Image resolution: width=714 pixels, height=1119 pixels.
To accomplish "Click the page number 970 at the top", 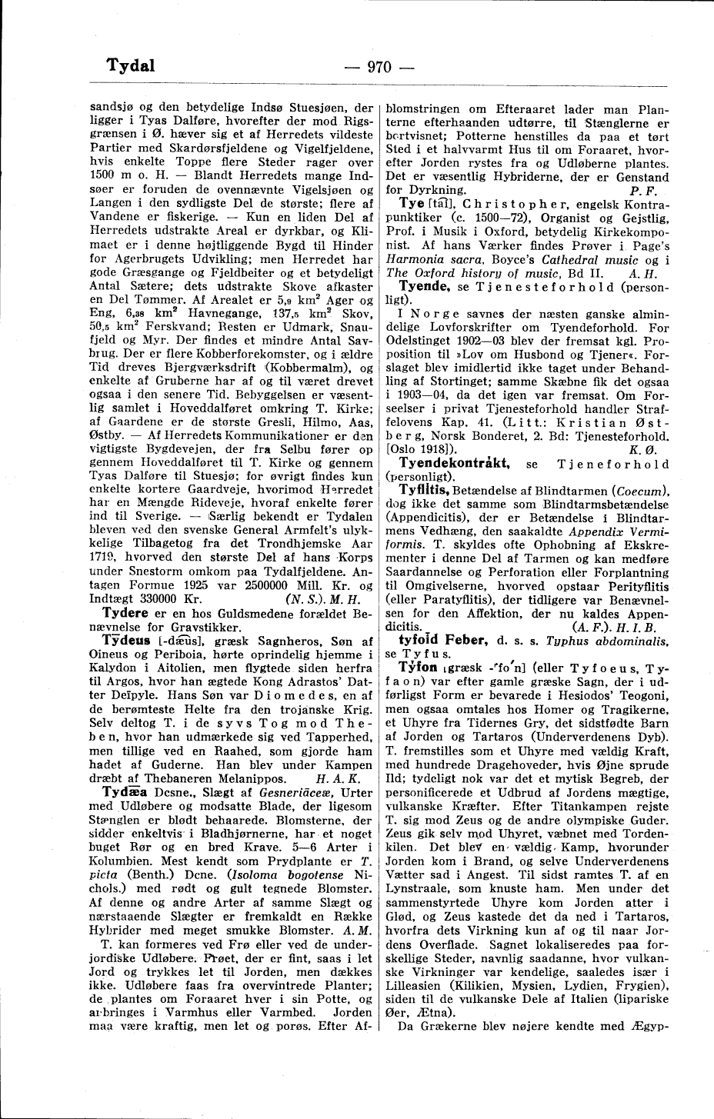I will (379, 66).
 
